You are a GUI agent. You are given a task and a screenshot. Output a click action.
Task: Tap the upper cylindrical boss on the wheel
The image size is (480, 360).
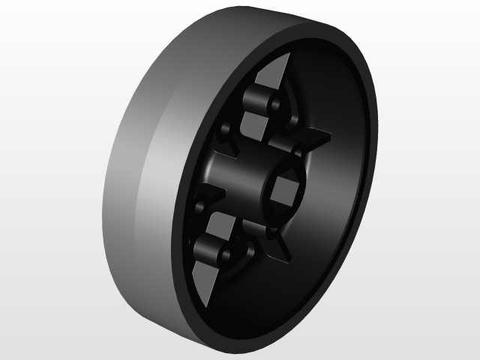coord(259,102)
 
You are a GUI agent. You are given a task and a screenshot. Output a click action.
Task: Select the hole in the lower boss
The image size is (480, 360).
coord(223,256)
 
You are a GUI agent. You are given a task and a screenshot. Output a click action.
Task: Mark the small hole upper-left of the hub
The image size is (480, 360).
coord(223,139)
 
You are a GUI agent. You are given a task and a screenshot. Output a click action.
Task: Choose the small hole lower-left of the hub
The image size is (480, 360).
coord(200,205)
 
